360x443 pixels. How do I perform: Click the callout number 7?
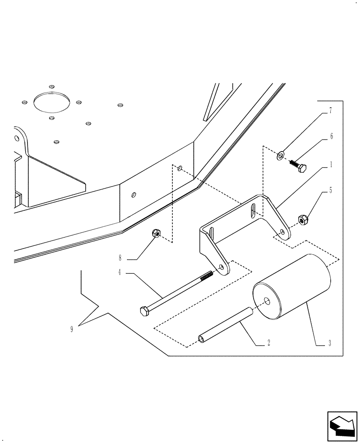tap(330, 111)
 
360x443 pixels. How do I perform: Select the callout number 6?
tap(330, 137)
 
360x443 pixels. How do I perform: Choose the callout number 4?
tap(119, 273)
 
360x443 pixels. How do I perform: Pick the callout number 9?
tap(72, 329)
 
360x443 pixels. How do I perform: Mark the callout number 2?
tap(269, 343)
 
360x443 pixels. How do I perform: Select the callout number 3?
tap(329, 343)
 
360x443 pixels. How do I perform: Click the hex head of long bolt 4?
tap(145, 311)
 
